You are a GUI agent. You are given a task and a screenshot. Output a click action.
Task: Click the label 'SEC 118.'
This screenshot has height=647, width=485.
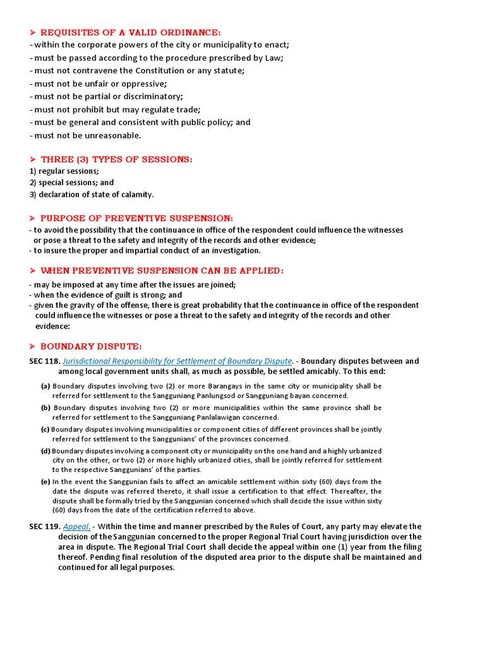click(x=44, y=361)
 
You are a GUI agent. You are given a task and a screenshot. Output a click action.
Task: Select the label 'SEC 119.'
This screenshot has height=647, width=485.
click(x=44, y=527)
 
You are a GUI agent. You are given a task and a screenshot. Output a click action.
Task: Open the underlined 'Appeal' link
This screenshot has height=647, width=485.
click(x=76, y=527)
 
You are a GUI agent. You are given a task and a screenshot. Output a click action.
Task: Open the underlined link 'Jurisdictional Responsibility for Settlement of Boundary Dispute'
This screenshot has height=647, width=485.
click(x=177, y=361)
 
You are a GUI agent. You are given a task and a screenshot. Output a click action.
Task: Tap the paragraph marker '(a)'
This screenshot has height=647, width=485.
click(x=45, y=386)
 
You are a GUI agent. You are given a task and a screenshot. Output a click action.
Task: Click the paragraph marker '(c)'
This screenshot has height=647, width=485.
click(x=45, y=430)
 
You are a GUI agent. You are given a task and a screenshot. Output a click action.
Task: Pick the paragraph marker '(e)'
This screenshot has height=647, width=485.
click(x=45, y=482)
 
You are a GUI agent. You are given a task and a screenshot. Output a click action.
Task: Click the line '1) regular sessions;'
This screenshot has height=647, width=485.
click(x=64, y=171)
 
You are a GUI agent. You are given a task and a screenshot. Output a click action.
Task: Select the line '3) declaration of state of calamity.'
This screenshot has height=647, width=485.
click(x=92, y=195)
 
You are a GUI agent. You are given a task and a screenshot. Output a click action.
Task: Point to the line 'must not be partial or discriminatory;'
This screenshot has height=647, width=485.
click(x=108, y=97)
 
